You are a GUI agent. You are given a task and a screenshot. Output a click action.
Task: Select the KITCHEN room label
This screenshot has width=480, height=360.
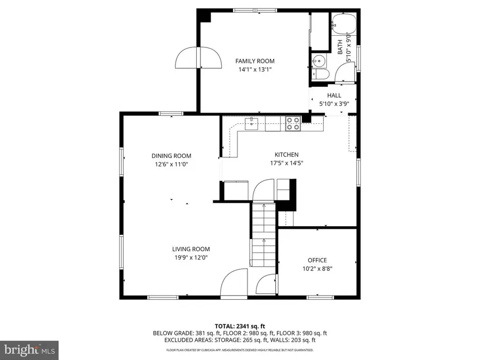286,155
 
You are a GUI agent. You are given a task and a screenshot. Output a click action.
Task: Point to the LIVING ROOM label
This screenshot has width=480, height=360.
190,249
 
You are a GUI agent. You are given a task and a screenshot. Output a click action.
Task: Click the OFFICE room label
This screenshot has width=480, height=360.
317,260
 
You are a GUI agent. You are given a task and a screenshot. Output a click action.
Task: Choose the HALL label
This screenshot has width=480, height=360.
334,95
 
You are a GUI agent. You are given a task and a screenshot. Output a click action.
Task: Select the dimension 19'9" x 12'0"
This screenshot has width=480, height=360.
190,257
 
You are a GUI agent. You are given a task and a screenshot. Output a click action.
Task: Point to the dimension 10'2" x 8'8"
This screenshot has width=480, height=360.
317,269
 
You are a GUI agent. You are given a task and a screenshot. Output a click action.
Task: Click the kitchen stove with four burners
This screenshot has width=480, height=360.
293,124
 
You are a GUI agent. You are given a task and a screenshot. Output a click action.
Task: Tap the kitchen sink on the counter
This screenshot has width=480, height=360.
252,124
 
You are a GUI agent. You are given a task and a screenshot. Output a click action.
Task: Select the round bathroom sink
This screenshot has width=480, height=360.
319,60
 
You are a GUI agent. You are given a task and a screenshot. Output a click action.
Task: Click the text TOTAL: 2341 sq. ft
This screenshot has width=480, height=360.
240,325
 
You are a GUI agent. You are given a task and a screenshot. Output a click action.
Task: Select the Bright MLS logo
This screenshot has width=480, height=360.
29,350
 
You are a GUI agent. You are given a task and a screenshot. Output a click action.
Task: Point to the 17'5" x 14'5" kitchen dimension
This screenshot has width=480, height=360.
286,163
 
